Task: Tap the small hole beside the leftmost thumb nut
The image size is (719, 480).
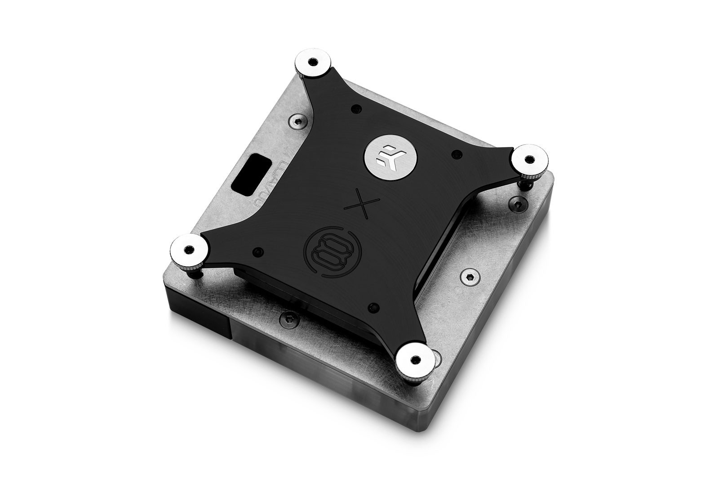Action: [x=257, y=251]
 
